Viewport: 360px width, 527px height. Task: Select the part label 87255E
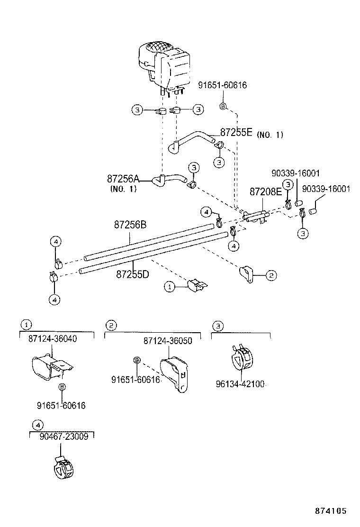pyautogui.click(x=236, y=133)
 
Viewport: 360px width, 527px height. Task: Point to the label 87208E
pyautogui.click(x=265, y=191)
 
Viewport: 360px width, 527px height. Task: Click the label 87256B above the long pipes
pyautogui.click(x=129, y=225)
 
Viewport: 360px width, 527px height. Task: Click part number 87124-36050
pyautogui.click(x=168, y=341)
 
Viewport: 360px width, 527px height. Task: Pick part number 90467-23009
pyautogui.click(x=65, y=437)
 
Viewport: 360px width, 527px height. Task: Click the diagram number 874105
pyautogui.click(x=331, y=511)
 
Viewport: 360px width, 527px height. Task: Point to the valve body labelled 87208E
pyautogui.click(x=256, y=216)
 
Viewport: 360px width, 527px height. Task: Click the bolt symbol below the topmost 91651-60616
pyautogui.click(x=224, y=106)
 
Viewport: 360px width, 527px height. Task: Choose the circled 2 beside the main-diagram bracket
pyautogui.click(x=270, y=274)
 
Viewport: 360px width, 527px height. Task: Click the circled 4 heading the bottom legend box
pyautogui.click(x=37, y=424)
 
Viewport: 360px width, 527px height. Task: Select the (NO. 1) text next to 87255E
pyautogui.click(x=270, y=135)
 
